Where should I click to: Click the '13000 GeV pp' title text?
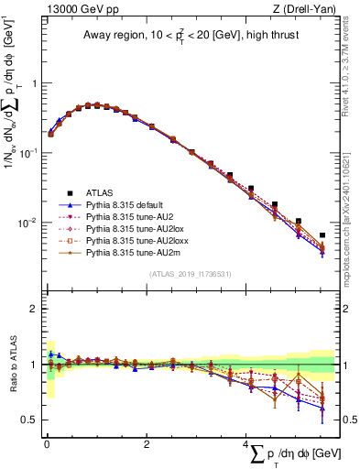(77, 9)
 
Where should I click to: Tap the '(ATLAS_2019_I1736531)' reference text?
(190, 273)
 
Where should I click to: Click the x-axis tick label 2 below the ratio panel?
(147, 444)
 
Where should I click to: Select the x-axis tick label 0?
(47, 444)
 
